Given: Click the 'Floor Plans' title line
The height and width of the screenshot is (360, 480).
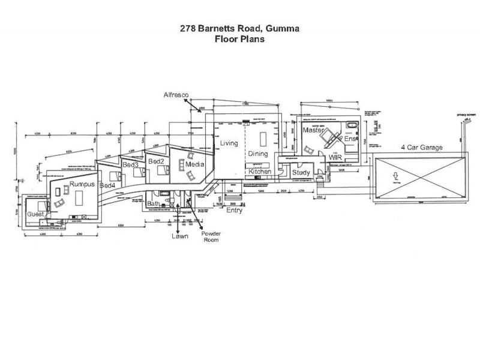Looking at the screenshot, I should [x=239, y=39].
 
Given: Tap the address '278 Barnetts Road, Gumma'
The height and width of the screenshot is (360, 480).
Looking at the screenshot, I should [x=239, y=28].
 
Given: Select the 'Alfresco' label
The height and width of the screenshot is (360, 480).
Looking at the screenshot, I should [x=177, y=95].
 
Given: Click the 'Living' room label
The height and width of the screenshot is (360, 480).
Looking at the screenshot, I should [x=229, y=143].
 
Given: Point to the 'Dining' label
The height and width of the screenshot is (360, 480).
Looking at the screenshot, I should [x=258, y=154].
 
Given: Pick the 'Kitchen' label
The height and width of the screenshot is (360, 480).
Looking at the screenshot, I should [x=260, y=172].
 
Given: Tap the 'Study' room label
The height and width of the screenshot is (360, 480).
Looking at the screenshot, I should [x=300, y=173].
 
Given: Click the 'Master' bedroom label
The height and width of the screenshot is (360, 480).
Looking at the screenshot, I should [x=313, y=130].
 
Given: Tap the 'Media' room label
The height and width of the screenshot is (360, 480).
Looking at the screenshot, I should [x=194, y=164].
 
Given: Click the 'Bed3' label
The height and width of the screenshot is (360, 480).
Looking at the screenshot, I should [x=130, y=164].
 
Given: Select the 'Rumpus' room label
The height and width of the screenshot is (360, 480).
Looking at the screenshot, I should [x=82, y=184].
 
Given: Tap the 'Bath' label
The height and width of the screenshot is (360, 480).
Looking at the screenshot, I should [x=154, y=203].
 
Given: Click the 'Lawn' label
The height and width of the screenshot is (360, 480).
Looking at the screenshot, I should [x=178, y=236].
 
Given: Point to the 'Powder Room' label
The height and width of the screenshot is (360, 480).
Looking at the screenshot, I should [x=211, y=236].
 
